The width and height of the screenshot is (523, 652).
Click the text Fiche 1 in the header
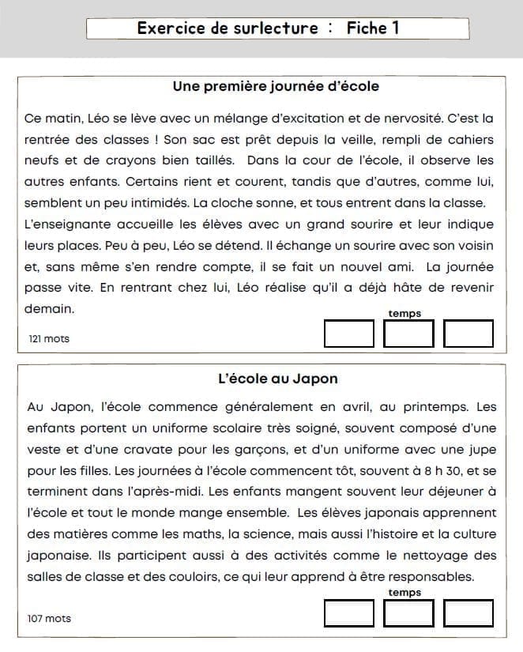click(373, 28)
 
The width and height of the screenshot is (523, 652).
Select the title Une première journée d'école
click(276, 85)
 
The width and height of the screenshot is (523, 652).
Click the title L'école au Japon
click(277, 379)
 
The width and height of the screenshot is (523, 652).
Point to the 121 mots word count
click(49, 339)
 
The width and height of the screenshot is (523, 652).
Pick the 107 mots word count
click(49, 619)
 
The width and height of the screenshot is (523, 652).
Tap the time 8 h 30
click(424, 470)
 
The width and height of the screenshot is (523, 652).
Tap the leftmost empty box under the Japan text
click(348, 613)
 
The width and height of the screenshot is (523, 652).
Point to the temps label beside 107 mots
click(404, 593)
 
